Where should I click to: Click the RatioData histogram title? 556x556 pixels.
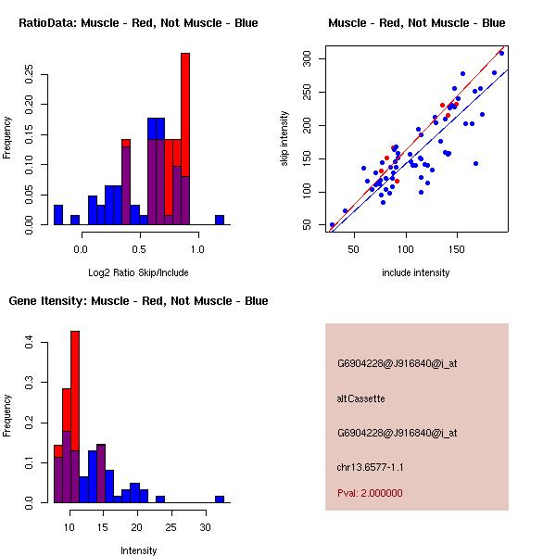pyautogui.click(x=138, y=22)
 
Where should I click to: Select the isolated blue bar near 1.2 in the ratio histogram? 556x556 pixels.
pyautogui.click(x=220, y=220)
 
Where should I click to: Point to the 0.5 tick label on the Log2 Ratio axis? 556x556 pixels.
pyautogui.click(x=140, y=248)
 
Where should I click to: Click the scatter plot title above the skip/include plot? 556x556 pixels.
pyautogui.click(x=416, y=22)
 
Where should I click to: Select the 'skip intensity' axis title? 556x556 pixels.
pyautogui.click(x=285, y=138)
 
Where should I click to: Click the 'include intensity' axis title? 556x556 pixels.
pyautogui.click(x=416, y=272)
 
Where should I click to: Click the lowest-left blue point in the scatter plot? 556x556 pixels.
pyautogui.click(x=332, y=224)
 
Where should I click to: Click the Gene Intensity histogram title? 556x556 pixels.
pyautogui.click(x=138, y=300)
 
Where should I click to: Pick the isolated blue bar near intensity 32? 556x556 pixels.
pyautogui.click(x=220, y=499)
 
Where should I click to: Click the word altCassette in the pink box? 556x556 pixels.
pyautogui.click(x=360, y=398)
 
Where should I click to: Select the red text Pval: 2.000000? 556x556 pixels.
pyautogui.click(x=370, y=493)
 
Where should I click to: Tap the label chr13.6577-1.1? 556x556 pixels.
pyautogui.click(x=371, y=467)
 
